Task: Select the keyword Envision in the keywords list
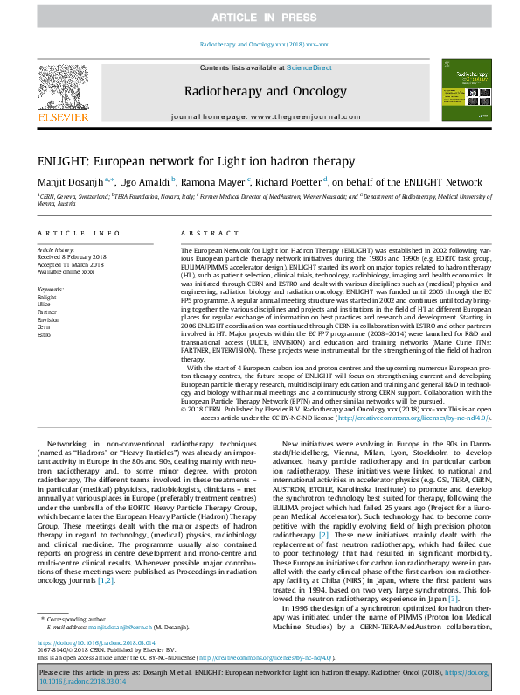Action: click(50, 319)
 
